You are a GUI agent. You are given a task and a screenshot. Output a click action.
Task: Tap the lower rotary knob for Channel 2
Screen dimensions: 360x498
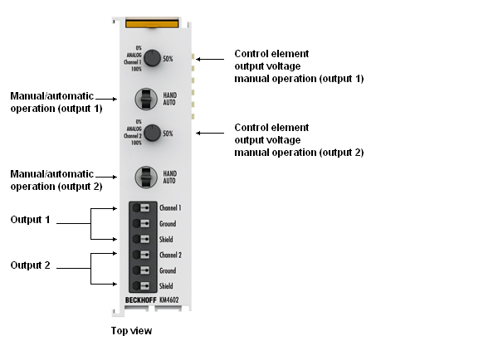click(x=151, y=133)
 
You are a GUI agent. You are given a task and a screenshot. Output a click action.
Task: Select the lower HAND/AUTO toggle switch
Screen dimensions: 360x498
click(x=146, y=176)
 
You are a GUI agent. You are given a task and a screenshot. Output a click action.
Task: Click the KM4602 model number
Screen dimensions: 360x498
click(x=171, y=300)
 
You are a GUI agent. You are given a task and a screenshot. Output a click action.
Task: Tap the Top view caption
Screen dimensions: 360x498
click(x=131, y=331)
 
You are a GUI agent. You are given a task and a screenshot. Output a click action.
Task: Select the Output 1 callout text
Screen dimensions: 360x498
click(x=30, y=220)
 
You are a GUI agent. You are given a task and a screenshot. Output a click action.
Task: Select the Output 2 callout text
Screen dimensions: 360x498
click(x=30, y=265)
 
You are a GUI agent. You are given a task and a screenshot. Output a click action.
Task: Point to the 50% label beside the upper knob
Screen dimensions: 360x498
click(x=168, y=59)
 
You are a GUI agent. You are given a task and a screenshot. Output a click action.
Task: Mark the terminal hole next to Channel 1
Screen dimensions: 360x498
click(x=136, y=208)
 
